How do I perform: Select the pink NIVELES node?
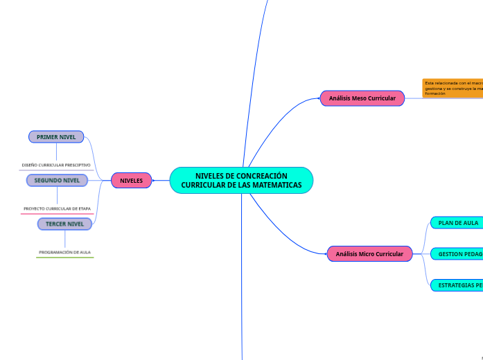[131, 181]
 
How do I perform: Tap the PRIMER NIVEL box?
[56, 137]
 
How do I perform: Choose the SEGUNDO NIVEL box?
[57, 181]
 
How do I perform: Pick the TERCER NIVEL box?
[64, 224]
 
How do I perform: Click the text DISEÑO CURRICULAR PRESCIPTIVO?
[56, 165]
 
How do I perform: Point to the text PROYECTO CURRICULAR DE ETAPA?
[57, 208]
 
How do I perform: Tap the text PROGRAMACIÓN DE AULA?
[65, 253]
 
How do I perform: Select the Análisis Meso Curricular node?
[362, 98]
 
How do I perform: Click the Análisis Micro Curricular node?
[369, 254]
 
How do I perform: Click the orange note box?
[453, 88]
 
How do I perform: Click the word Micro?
[369, 254]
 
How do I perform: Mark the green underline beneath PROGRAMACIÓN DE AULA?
[65, 258]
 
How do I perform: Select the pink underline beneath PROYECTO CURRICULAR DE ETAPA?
[57, 214]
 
